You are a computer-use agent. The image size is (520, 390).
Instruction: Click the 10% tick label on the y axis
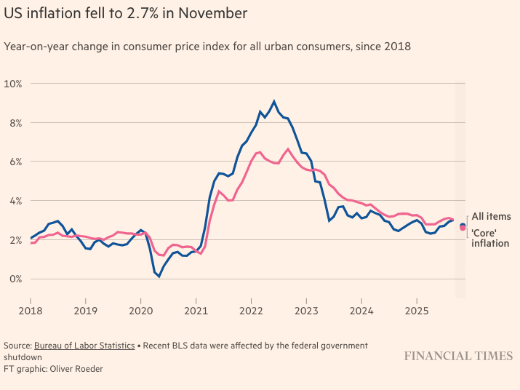(14, 84)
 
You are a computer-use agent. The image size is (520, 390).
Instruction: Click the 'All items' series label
(491, 216)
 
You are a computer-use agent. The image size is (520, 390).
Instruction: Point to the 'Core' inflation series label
(490, 237)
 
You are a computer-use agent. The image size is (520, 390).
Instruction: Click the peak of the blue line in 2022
(274, 101)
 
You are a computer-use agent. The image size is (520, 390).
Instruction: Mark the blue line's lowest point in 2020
(159, 276)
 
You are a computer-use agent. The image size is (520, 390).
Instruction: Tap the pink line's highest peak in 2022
(288, 149)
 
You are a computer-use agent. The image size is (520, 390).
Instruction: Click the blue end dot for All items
(463, 226)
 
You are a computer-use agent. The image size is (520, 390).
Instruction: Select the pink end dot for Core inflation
(463, 228)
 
